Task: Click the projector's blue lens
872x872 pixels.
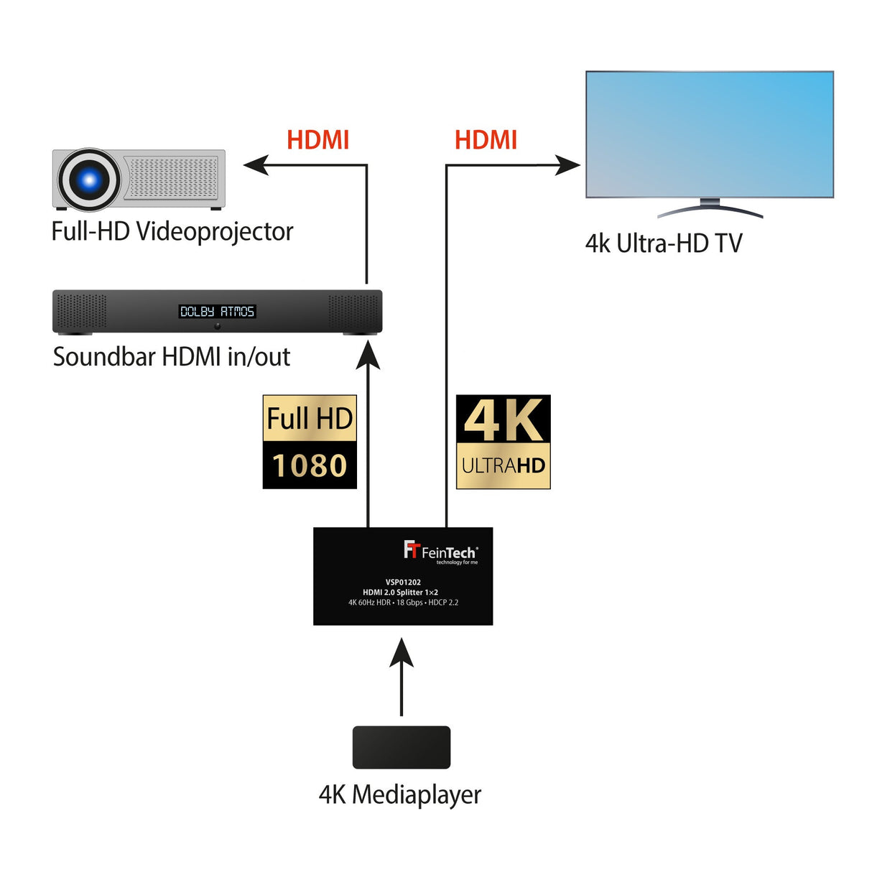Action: pos(89,180)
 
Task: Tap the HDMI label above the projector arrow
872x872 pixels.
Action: pos(317,140)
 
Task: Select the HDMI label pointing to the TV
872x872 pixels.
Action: pos(486,140)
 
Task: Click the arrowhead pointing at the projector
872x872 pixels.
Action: pos(255,165)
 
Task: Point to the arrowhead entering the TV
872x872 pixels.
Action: pos(568,166)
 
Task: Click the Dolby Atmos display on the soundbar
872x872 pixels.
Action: pos(217,311)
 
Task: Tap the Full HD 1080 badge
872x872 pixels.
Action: pos(310,442)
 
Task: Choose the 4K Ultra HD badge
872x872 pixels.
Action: pos(503,442)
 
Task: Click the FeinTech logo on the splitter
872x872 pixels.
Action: pos(440,552)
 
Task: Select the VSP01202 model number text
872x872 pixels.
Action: pos(403,583)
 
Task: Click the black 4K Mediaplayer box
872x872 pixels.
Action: pos(401,747)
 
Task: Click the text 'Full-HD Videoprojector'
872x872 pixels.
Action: pos(172,231)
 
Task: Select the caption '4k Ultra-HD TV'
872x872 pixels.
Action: pos(664,243)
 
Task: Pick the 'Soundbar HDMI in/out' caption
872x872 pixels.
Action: pos(172,356)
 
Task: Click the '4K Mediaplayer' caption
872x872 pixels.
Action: pos(400,794)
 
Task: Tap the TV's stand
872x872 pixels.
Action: pos(710,208)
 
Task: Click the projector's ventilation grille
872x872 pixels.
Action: pos(172,177)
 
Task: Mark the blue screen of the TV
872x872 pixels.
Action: pos(710,134)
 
